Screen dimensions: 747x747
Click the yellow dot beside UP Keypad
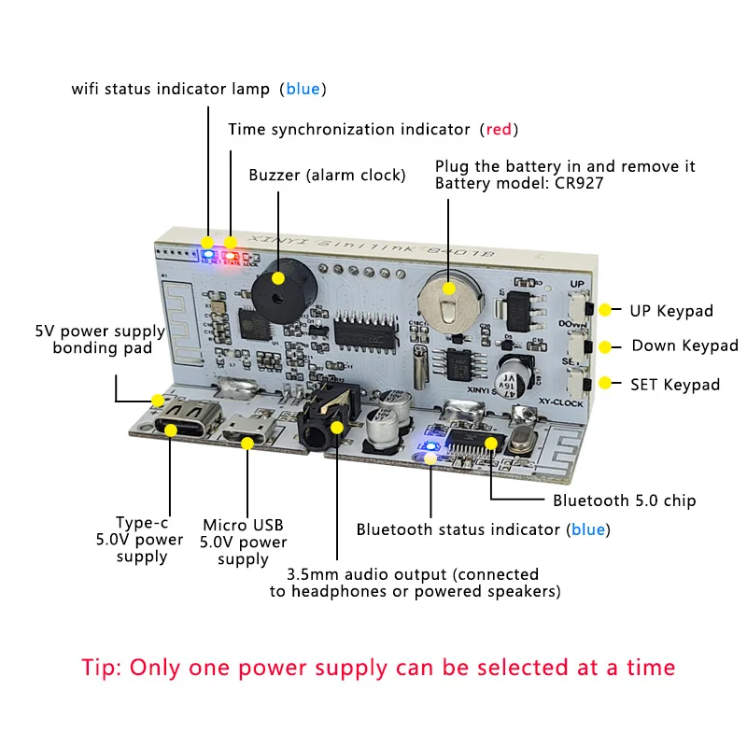[x=605, y=310]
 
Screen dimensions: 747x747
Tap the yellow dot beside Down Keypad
[x=605, y=346]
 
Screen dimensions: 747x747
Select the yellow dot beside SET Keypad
[x=605, y=383]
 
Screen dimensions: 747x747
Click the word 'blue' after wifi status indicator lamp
[x=303, y=90]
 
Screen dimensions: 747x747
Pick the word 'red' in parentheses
[x=499, y=129]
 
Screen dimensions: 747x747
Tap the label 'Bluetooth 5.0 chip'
[x=624, y=500]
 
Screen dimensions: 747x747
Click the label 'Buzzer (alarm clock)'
[x=327, y=176]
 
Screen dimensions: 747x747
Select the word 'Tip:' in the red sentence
[x=101, y=668]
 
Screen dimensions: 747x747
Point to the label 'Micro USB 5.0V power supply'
[x=244, y=542]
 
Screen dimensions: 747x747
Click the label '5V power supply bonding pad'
[x=99, y=340]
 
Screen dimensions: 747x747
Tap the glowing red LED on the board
[x=230, y=253]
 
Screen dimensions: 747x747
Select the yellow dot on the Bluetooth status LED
[x=430, y=457]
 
